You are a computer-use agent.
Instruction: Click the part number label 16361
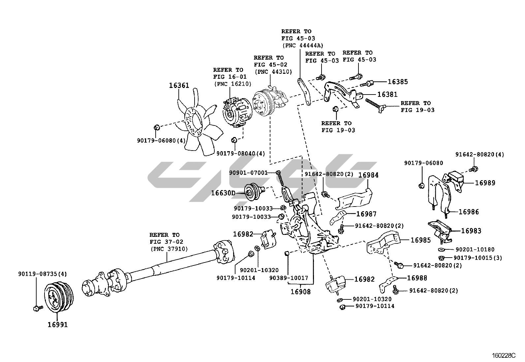tap(179, 86)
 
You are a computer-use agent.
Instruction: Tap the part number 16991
tap(57, 325)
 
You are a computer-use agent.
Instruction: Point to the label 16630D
tap(223, 193)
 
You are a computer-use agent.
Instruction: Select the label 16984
tap(368, 175)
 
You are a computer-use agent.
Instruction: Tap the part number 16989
tap(485, 183)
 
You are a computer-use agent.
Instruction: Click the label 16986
tap(468, 212)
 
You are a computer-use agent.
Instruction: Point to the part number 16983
tap(471, 231)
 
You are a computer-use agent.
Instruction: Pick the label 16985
tap(420, 240)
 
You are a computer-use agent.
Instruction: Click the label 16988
tap(417, 278)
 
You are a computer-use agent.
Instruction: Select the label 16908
tap(300, 292)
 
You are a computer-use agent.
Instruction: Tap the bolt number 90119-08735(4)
tap(43, 274)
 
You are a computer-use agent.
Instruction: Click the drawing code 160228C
tap(503, 356)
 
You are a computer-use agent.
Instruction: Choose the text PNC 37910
tap(169, 249)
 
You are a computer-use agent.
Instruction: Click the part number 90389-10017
tap(288, 278)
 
